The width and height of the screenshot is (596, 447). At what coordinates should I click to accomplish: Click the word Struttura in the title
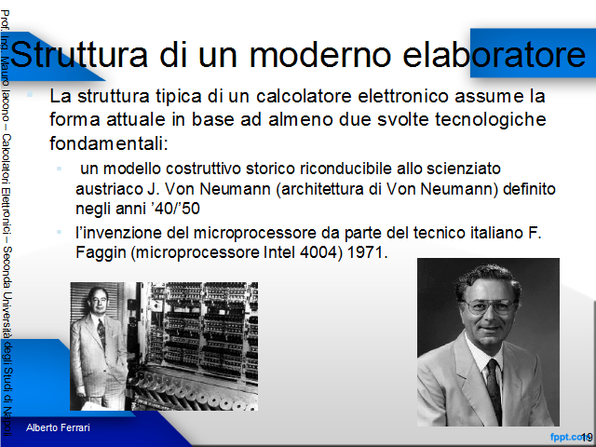click(x=79, y=54)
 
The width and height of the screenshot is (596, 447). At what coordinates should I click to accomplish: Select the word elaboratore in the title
click(x=494, y=54)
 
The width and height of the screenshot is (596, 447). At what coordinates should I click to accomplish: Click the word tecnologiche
click(x=491, y=120)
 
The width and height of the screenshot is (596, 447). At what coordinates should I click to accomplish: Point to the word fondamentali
click(x=108, y=143)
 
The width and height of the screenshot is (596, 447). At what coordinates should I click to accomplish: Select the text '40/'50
click(x=175, y=209)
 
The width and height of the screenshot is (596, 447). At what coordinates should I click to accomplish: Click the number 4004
click(x=321, y=252)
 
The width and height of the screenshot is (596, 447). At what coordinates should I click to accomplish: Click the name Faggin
click(x=101, y=253)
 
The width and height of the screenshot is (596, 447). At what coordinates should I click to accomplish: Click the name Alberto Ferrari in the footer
click(x=58, y=427)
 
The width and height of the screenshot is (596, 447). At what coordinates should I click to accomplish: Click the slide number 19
click(x=587, y=437)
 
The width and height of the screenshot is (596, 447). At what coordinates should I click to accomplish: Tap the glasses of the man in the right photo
click(x=491, y=306)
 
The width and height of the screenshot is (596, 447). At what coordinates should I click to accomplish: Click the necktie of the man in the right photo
click(x=494, y=389)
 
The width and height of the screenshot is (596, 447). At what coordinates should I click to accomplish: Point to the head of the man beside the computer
click(x=98, y=300)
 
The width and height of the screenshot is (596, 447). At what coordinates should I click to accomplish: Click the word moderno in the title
click(x=320, y=54)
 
